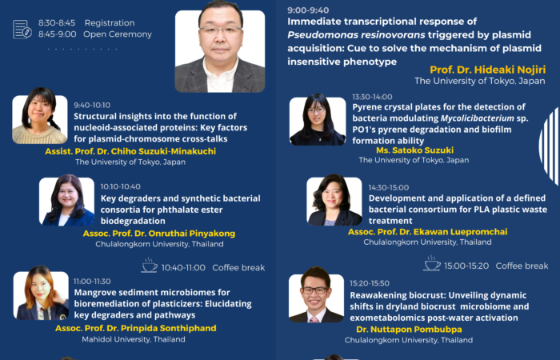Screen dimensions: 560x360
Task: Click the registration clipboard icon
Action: [22, 30]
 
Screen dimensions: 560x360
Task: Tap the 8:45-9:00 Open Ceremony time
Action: [57, 34]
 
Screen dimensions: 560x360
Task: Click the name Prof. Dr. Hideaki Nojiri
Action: [487, 70]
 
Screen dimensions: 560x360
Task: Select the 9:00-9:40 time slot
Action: [308, 10]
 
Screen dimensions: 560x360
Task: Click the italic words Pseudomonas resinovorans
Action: [356, 35]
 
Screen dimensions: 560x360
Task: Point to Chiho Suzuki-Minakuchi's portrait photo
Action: [40, 119]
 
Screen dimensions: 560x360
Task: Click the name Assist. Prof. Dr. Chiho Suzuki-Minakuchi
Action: [130, 151]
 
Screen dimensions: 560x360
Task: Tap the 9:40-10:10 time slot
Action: [92, 105]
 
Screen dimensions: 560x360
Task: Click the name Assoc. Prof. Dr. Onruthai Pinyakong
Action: [159, 234]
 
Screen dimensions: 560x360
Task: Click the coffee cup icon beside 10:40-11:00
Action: [149, 266]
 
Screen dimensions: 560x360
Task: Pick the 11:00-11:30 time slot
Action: [92, 282]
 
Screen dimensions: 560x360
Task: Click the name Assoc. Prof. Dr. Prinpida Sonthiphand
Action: [136, 328]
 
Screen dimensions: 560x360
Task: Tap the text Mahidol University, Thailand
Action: [134, 339]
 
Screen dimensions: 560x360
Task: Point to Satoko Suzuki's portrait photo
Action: [318, 121]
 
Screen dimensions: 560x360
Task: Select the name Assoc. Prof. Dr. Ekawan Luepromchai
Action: [427, 232]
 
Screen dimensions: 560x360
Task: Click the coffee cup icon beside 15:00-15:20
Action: [432, 263]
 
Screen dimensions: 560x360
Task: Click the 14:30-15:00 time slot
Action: [389, 187]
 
